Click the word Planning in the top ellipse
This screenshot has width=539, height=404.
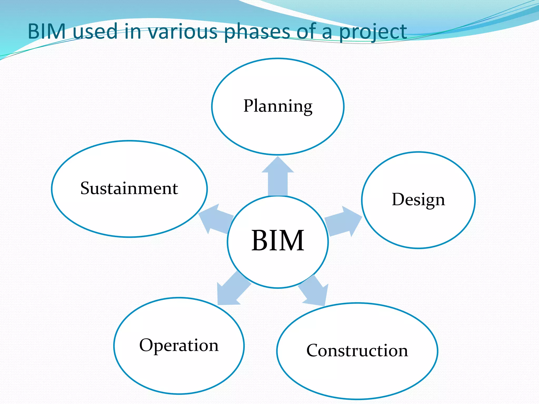point(278,106)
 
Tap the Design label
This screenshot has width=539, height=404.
point(418,199)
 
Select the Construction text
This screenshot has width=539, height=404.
point(357,351)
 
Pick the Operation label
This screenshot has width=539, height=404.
point(179,345)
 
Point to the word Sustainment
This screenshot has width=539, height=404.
point(129,188)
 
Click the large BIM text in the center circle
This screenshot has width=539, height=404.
point(278,240)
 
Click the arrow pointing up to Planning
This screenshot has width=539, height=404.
point(278,176)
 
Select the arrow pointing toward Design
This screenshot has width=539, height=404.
point(343,221)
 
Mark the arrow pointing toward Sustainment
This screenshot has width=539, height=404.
point(214,218)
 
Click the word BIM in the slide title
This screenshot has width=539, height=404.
point(47,32)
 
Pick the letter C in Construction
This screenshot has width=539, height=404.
point(313,351)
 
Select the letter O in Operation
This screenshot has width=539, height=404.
point(146,345)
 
